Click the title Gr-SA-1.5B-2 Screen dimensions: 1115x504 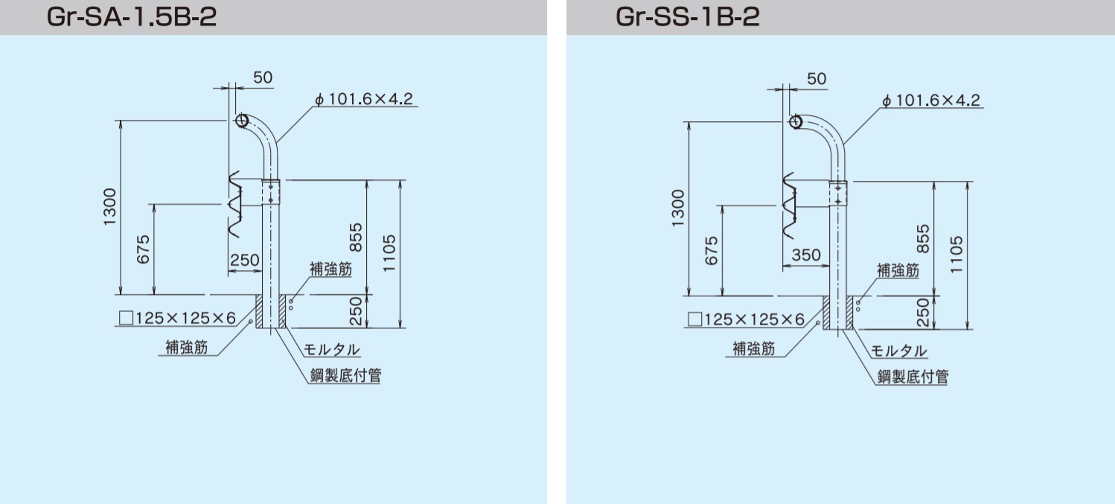(x=132, y=17)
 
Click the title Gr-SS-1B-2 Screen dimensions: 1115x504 (x=688, y=17)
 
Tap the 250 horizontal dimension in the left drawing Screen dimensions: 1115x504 (x=244, y=260)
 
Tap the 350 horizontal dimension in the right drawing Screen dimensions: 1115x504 (x=806, y=255)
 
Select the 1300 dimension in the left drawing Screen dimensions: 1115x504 (x=109, y=207)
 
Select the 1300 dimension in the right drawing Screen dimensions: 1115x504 (x=678, y=208)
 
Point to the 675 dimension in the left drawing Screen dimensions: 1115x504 (x=143, y=249)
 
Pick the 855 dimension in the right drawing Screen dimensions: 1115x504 (x=922, y=238)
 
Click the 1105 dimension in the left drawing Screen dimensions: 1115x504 (x=389, y=253)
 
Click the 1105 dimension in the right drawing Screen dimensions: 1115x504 (x=956, y=255)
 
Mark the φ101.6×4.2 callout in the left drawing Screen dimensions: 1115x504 (x=365, y=98)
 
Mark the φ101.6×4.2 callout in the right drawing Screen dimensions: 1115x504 (x=931, y=100)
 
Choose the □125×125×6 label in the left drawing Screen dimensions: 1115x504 (x=177, y=318)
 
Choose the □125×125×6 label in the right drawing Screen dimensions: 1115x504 (x=746, y=319)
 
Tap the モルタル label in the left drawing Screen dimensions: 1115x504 (x=331, y=350)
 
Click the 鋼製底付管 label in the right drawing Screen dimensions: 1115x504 (x=913, y=377)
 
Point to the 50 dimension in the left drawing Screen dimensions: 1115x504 (x=263, y=77)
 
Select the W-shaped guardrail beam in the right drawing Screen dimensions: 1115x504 (x=790, y=205)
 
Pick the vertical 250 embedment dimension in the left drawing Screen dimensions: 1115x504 (x=355, y=311)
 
